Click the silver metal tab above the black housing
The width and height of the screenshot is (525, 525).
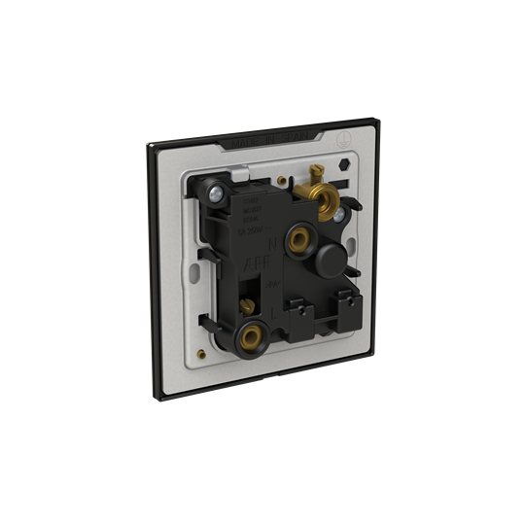tap(238, 179)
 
